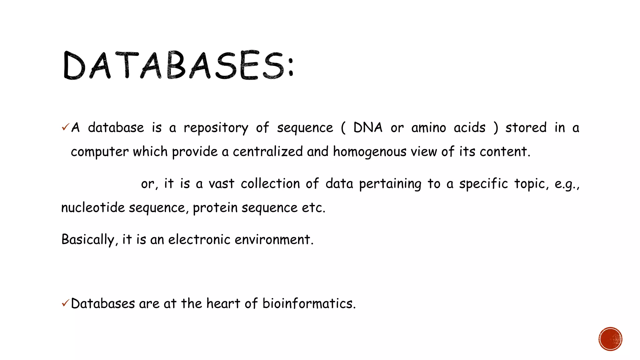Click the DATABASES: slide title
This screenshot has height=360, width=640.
pyautogui.click(x=178, y=65)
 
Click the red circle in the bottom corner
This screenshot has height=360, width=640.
pyautogui.click(x=610, y=339)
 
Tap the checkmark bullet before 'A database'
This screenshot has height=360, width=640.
pyautogui.click(x=65, y=127)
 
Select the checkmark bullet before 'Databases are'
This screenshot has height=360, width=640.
pyautogui.click(x=65, y=303)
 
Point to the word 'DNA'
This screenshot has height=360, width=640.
pyautogui.click(x=368, y=127)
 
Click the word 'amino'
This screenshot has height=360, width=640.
pyautogui.click(x=428, y=128)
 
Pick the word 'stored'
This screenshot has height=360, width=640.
pyautogui.click(x=526, y=127)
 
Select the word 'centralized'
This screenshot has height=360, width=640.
pyautogui.click(x=267, y=152)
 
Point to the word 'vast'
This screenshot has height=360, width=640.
pyautogui.click(x=221, y=184)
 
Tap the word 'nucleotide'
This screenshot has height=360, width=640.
pyautogui.click(x=93, y=207)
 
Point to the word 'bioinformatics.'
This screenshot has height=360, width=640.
pyautogui.click(x=309, y=303)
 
